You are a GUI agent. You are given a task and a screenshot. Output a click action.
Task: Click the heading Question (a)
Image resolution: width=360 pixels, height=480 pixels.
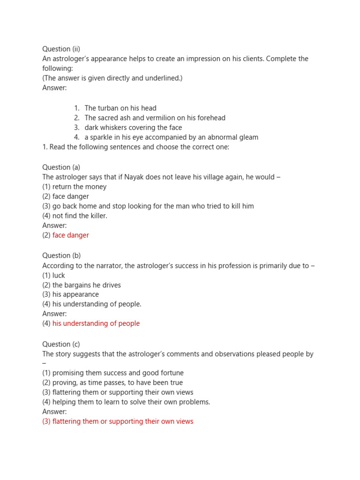(61, 167)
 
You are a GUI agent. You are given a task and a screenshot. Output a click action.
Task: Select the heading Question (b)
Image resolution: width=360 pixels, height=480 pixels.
(61, 256)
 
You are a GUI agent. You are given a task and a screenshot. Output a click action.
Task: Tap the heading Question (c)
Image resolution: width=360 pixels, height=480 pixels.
(61, 344)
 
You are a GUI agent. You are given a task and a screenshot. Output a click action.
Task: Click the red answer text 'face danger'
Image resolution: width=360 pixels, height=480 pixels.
(70, 235)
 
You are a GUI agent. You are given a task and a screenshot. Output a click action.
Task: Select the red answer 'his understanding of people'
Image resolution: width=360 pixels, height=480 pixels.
(96, 323)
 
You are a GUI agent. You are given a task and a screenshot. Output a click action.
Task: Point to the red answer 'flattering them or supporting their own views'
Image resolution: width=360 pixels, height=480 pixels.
(118, 421)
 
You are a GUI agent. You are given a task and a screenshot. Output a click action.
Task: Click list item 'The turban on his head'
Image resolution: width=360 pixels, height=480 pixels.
(120, 108)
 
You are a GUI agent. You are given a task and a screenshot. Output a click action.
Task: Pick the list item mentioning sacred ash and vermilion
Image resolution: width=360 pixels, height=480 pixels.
(155, 118)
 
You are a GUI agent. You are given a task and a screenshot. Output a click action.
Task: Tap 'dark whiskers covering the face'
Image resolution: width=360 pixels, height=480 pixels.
(133, 127)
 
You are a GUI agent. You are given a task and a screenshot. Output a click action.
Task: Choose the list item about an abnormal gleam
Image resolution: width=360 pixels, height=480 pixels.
(171, 137)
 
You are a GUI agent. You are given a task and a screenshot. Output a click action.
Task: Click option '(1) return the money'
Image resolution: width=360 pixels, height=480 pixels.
(75, 187)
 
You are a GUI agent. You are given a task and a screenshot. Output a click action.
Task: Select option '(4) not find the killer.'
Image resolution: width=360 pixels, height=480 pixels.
(75, 216)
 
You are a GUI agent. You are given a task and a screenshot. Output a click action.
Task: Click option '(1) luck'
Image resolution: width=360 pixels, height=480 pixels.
(54, 275)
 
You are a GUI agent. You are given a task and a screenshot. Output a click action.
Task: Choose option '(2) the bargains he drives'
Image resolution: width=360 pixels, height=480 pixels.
(82, 285)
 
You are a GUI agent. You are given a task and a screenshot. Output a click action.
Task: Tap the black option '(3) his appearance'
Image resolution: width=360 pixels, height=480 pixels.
(71, 294)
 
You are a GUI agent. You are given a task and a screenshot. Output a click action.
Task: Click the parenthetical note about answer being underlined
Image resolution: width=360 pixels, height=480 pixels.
(112, 78)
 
